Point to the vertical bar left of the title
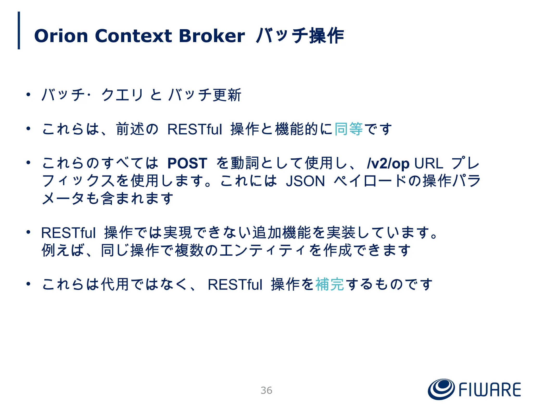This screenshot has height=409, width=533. click(x=19, y=30)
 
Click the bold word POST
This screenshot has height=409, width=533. click(x=187, y=163)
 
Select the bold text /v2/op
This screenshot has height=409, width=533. click(x=388, y=164)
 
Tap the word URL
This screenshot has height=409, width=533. click(x=429, y=163)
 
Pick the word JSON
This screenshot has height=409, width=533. click(x=305, y=181)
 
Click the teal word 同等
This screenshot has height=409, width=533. click(x=348, y=129)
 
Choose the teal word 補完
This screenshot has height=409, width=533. click(x=329, y=284)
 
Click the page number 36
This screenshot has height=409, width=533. click(x=266, y=390)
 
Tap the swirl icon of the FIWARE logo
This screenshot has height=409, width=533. click(x=441, y=389)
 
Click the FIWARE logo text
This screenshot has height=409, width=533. click(x=490, y=390)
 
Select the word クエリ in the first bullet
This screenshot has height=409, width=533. click(x=122, y=95)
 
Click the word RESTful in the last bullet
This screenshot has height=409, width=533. click(x=235, y=284)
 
